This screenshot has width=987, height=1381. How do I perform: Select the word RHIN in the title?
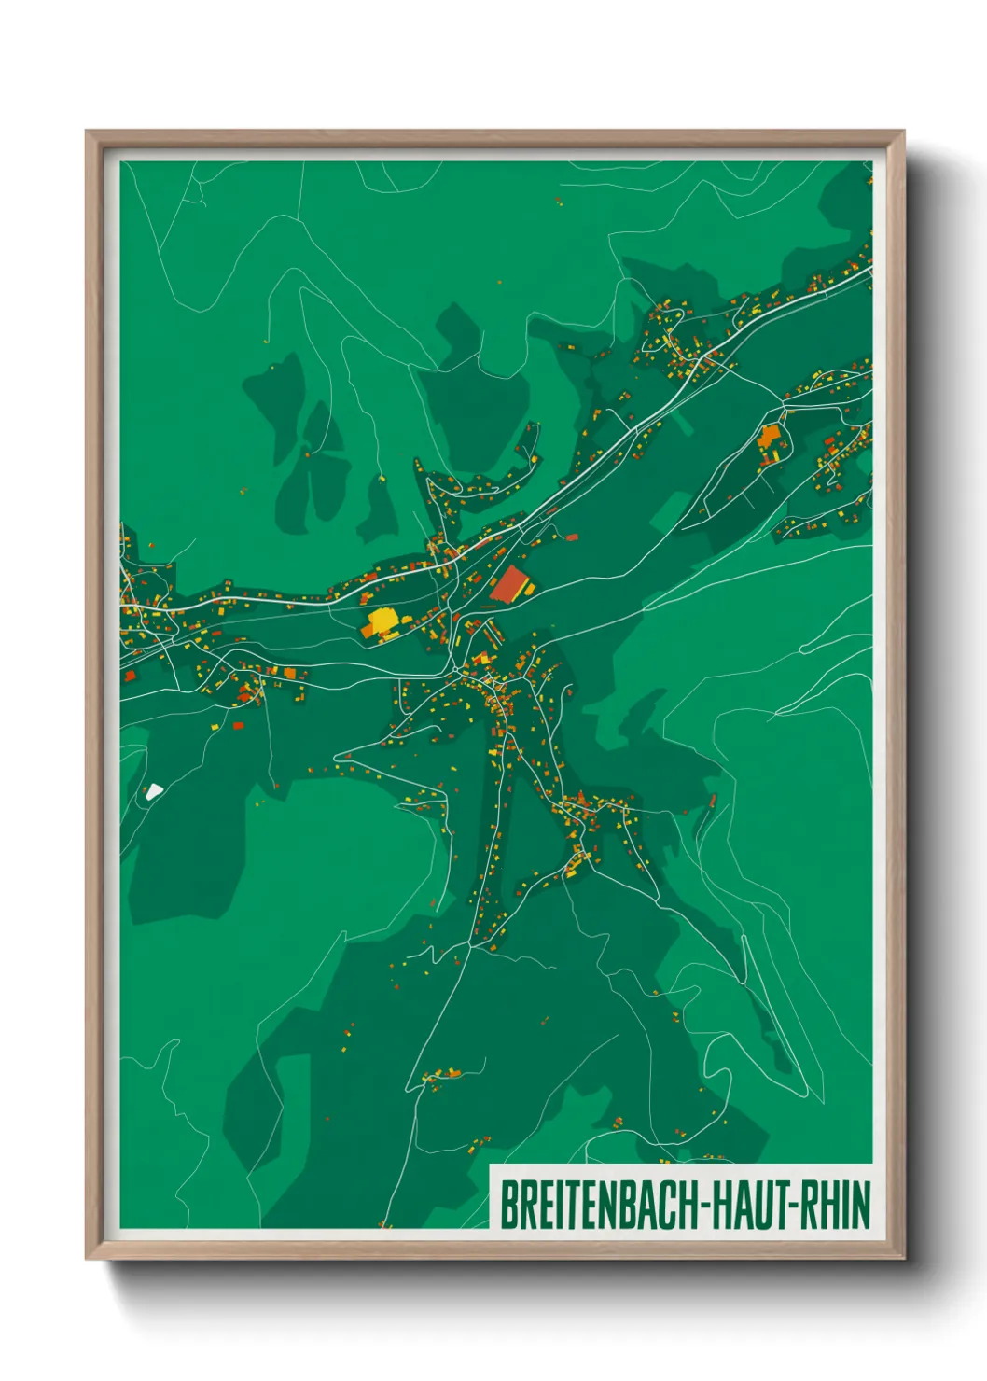835,1205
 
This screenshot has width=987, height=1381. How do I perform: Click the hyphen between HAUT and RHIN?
792,1206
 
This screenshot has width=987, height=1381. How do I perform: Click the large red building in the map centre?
508,584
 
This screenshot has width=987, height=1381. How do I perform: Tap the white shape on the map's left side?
153,791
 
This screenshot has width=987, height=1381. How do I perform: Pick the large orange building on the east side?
770,437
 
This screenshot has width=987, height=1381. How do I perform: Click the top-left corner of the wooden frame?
87,132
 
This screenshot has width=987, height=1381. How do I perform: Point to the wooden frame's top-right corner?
903,132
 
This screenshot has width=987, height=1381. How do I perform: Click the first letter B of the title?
509,1205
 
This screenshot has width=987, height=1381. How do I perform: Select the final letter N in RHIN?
862,1205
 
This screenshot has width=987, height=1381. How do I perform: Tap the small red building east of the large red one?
571,537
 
